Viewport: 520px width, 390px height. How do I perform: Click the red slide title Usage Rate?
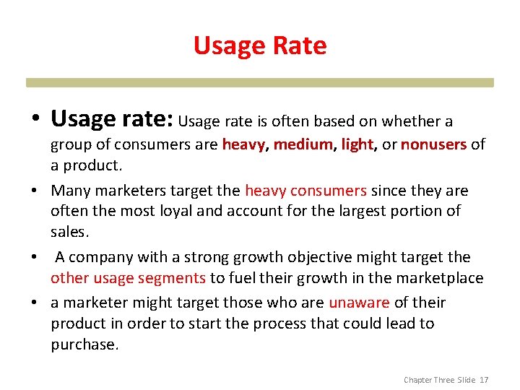[x=260, y=45]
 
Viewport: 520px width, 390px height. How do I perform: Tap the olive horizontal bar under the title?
[x=260, y=82]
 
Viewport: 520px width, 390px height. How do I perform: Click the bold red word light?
[x=357, y=144]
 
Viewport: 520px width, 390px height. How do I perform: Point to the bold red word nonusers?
[x=433, y=144]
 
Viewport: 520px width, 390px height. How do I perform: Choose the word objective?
[x=320, y=257]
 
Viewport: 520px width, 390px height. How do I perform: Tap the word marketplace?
[x=438, y=278]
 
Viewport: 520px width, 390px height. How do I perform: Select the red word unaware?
[x=359, y=303]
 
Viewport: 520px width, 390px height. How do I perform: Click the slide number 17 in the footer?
[x=484, y=379]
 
